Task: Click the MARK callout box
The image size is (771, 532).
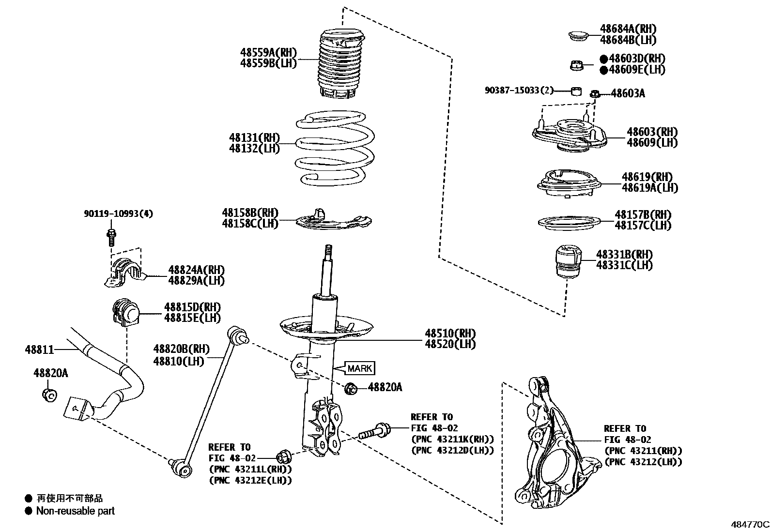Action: click(359, 368)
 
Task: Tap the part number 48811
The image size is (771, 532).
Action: click(39, 349)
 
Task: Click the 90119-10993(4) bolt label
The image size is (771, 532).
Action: click(118, 213)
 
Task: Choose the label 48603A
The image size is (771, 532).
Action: click(628, 93)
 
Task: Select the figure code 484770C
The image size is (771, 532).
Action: click(750, 524)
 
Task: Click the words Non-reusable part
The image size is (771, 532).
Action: click(75, 511)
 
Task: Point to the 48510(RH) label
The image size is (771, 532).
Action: click(450, 333)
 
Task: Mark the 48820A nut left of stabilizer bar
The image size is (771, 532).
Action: click(49, 395)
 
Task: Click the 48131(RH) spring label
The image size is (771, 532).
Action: click(254, 138)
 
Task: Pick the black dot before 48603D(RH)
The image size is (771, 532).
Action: click(603, 59)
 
